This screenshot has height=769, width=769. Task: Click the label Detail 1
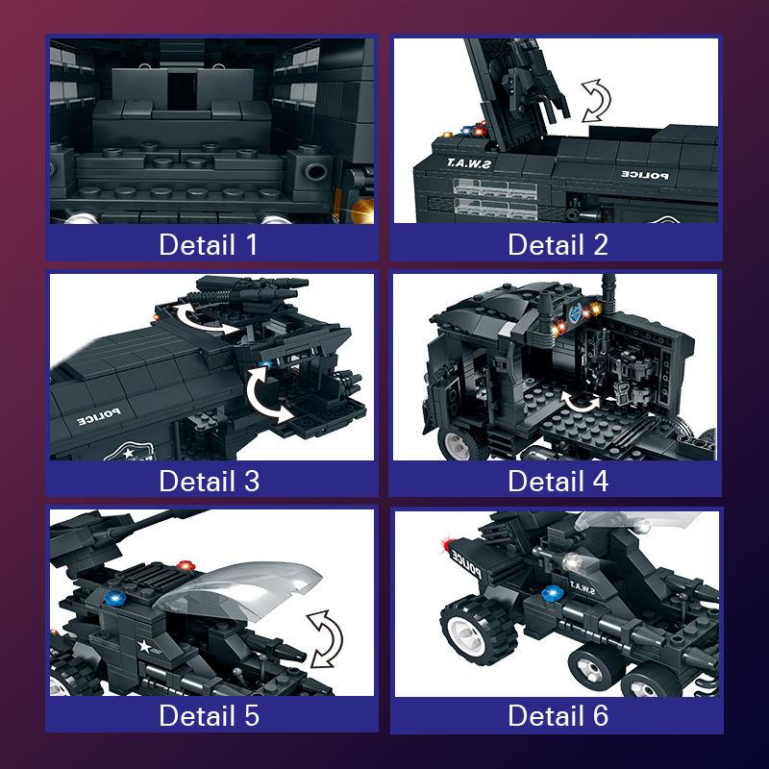pyautogui.click(x=209, y=244)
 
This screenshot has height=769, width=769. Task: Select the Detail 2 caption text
pyautogui.click(x=558, y=244)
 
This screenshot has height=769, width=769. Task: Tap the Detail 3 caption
pyautogui.click(x=209, y=480)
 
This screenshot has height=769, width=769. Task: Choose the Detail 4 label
pyautogui.click(x=558, y=480)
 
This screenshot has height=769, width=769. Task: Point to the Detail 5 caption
pyautogui.click(x=209, y=715)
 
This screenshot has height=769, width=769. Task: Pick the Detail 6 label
pyautogui.click(x=558, y=715)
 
